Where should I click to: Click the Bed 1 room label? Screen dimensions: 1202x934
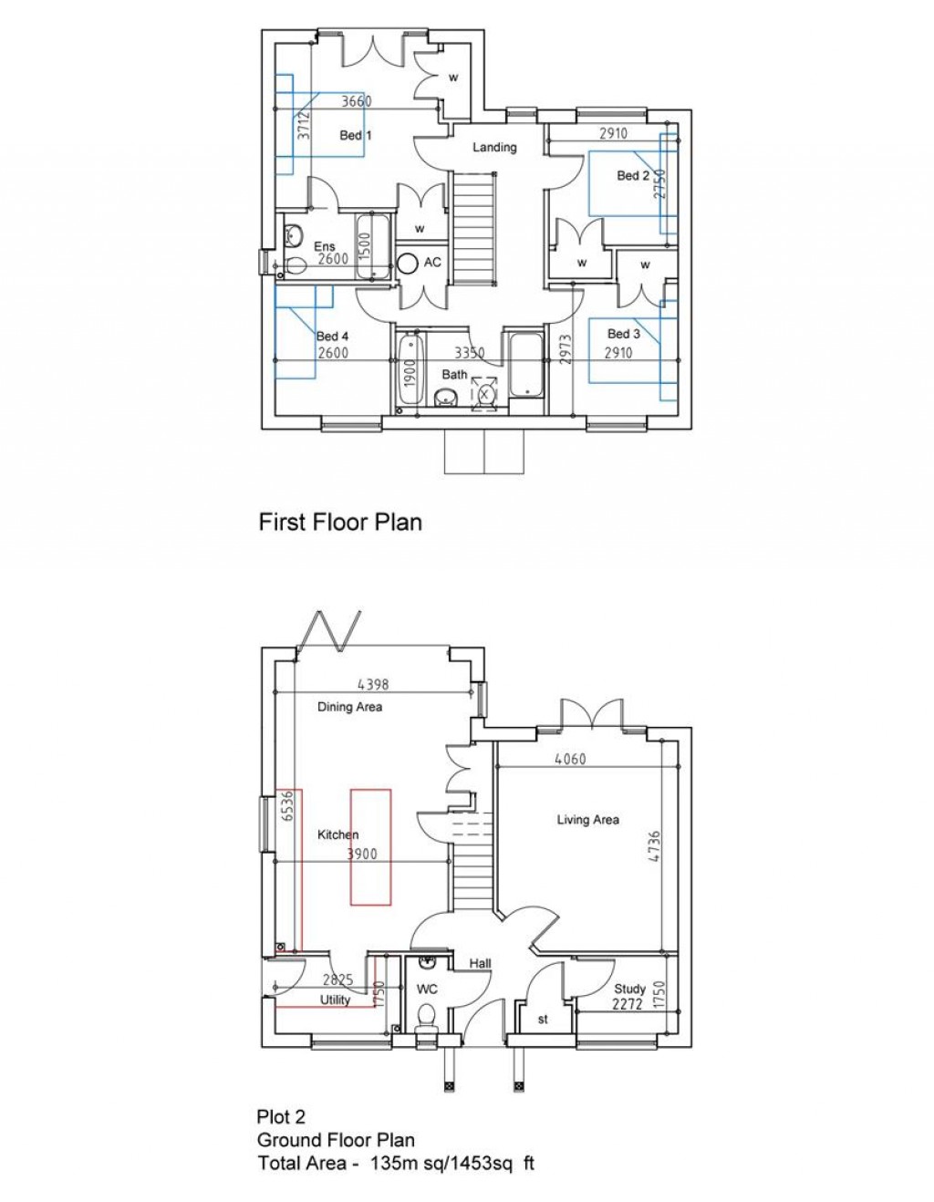355,135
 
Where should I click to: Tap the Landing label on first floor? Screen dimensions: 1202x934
494,147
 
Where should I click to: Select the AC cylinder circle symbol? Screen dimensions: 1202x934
407,263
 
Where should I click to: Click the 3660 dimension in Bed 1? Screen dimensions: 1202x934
356,101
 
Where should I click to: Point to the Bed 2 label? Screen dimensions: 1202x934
633,175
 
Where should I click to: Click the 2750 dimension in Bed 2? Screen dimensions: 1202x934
660,183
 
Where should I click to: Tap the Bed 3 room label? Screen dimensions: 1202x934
624,334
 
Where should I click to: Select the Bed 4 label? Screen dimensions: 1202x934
332,336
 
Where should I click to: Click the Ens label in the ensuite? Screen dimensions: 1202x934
325,246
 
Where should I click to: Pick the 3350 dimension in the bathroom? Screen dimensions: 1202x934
470,352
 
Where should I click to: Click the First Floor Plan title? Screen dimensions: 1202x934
340,522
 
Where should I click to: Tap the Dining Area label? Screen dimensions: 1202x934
349,707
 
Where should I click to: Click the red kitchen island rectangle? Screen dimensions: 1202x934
371,847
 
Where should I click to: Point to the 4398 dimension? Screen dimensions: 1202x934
373,684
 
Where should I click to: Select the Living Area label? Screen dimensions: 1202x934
587,820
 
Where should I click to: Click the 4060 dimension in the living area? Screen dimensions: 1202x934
570,759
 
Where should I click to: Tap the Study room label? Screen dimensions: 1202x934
629,989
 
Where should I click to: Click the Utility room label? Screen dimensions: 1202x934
335,1000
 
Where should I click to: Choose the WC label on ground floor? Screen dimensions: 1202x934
427,989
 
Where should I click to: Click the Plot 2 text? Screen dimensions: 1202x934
281,1116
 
